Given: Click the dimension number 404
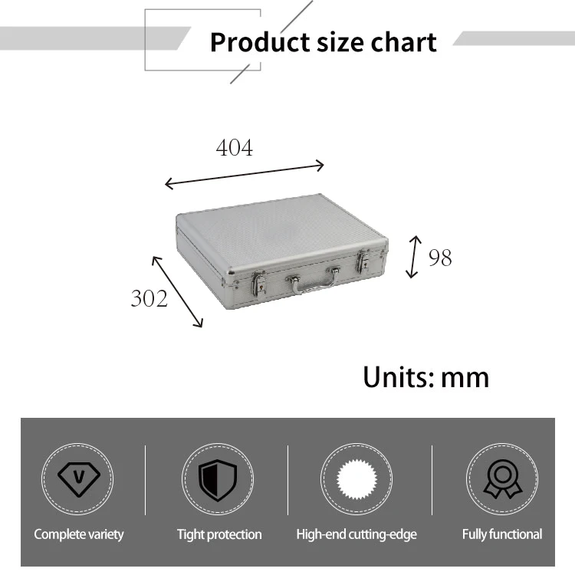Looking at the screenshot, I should pyautogui.click(x=234, y=147).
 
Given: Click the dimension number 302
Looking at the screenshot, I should pyautogui.click(x=149, y=297).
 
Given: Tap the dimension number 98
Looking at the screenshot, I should pyautogui.click(x=439, y=258).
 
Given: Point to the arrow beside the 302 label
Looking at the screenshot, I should pyautogui.click(x=177, y=291).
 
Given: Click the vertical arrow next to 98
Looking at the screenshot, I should pyautogui.click(x=414, y=257).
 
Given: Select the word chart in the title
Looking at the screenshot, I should pyautogui.click(x=403, y=42).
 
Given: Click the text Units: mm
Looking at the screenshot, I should pyautogui.click(x=426, y=377).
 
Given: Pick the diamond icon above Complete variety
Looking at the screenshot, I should pyautogui.click(x=78, y=479).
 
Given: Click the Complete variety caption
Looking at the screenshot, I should pyautogui.click(x=78, y=534).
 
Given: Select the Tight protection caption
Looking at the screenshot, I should pyautogui.click(x=219, y=534).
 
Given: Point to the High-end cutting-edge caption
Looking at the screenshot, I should pyautogui.click(x=356, y=534).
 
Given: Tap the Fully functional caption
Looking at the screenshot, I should pyautogui.click(x=501, y=534).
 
